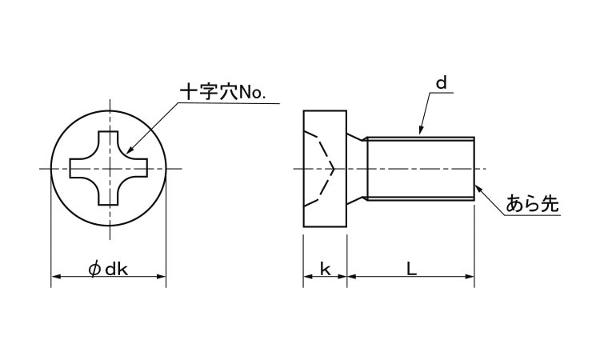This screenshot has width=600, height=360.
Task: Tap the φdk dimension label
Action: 108,270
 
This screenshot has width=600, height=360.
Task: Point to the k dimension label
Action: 325,270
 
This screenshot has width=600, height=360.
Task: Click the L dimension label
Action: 411,270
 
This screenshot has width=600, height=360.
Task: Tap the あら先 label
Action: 532,204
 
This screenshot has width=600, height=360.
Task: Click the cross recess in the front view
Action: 109,168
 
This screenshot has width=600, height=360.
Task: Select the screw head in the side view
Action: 326,168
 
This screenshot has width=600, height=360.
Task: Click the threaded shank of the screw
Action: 420,168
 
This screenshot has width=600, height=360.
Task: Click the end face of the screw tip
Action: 474,168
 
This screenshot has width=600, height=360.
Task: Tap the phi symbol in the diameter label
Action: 94,270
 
